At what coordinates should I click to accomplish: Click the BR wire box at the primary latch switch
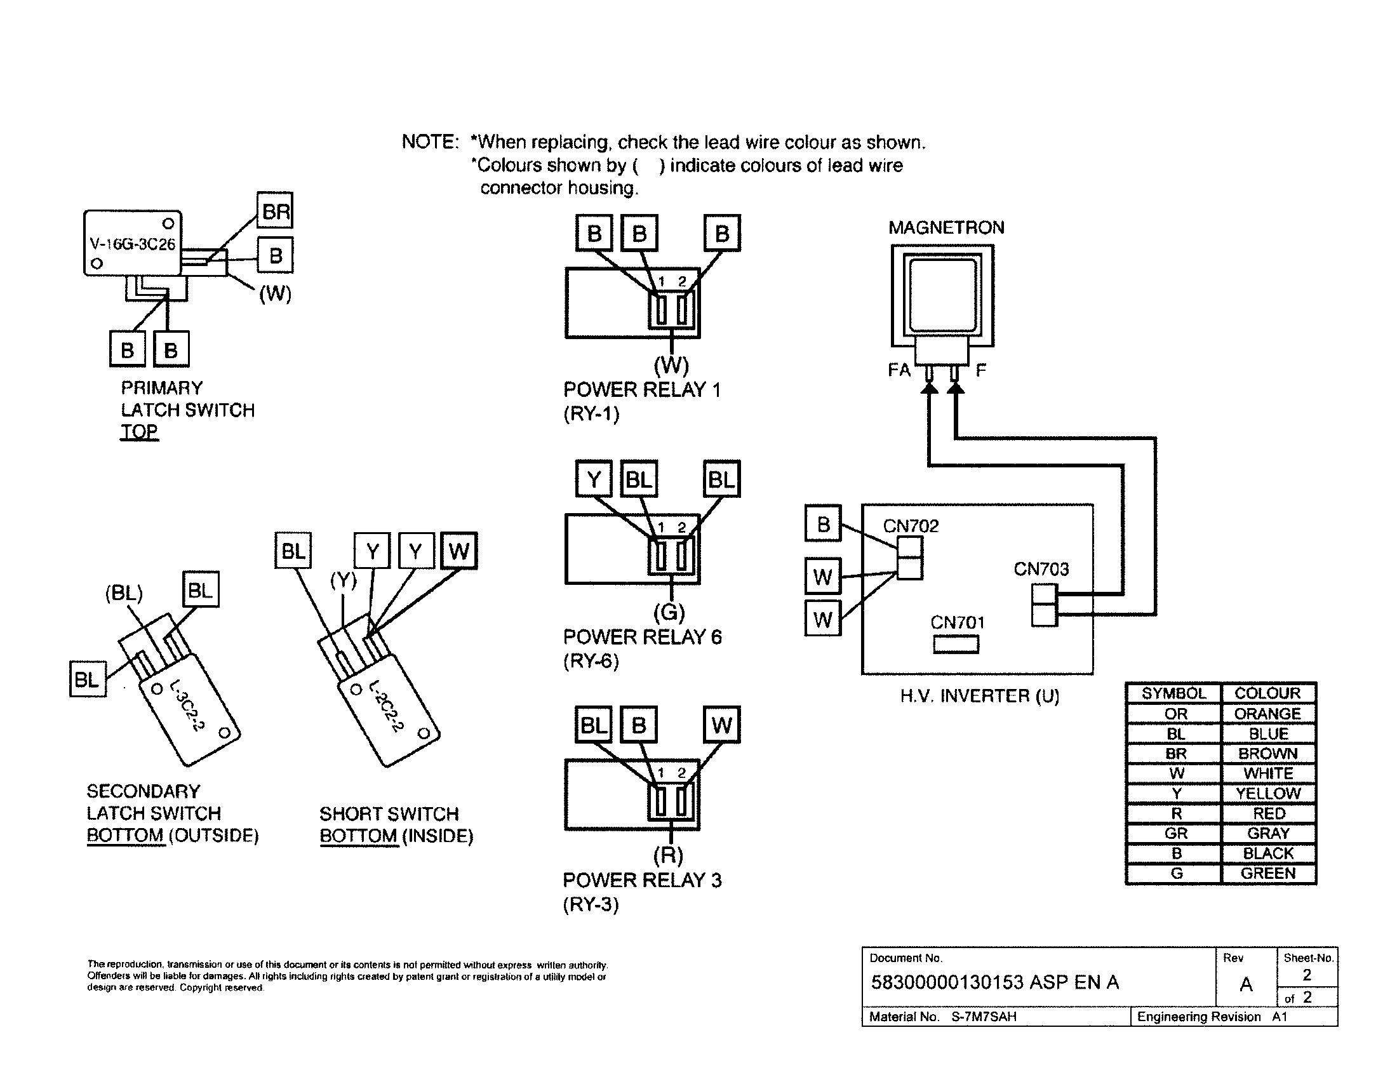tap(275, 210)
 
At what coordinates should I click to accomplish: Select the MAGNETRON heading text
tap(946, 228)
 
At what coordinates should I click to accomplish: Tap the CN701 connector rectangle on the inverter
tap(956, 644)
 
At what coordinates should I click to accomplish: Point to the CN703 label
tap(1041, 569)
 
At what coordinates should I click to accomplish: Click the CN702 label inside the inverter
tap(910, 526)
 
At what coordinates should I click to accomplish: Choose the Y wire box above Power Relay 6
tap(594, 479)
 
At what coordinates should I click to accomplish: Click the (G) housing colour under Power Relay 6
tap(669, 613)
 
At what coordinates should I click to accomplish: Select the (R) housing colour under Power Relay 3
tap(669, 855)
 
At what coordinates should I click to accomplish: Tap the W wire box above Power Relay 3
tap(721, 725)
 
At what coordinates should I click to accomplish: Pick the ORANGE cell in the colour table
tap(1267, 714)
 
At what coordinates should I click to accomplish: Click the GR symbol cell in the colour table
tap(1175, 833)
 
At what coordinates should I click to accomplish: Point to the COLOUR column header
tap(1267, 693)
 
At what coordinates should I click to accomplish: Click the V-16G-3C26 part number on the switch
tap(133, 244)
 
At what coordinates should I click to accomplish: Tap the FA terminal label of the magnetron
tap(899, 370)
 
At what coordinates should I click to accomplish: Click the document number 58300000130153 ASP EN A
tap(994, 982)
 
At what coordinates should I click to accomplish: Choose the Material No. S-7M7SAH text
tap(942, 1017)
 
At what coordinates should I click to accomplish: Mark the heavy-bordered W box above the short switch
tap(458, 551)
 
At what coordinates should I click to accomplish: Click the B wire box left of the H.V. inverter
tap(822, 524)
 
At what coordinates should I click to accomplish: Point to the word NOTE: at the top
tap(430, 142)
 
